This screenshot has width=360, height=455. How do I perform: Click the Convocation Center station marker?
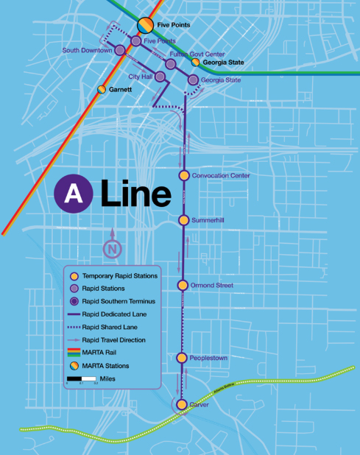tap(184, 175)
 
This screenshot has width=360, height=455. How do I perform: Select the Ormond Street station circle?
tap(184, 285)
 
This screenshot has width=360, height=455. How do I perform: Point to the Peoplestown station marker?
tap(183, 358)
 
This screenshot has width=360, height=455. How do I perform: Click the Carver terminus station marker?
tap(182, 404)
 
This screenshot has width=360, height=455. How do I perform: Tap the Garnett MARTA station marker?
tap(101, 89)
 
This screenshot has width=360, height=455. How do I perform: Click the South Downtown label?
tap(86, 51)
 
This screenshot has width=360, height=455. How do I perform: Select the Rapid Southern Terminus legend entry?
tap(111, 301)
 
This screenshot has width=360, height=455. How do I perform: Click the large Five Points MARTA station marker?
tap(146, 25)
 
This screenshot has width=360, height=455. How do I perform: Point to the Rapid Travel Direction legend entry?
tap(111, 339)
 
